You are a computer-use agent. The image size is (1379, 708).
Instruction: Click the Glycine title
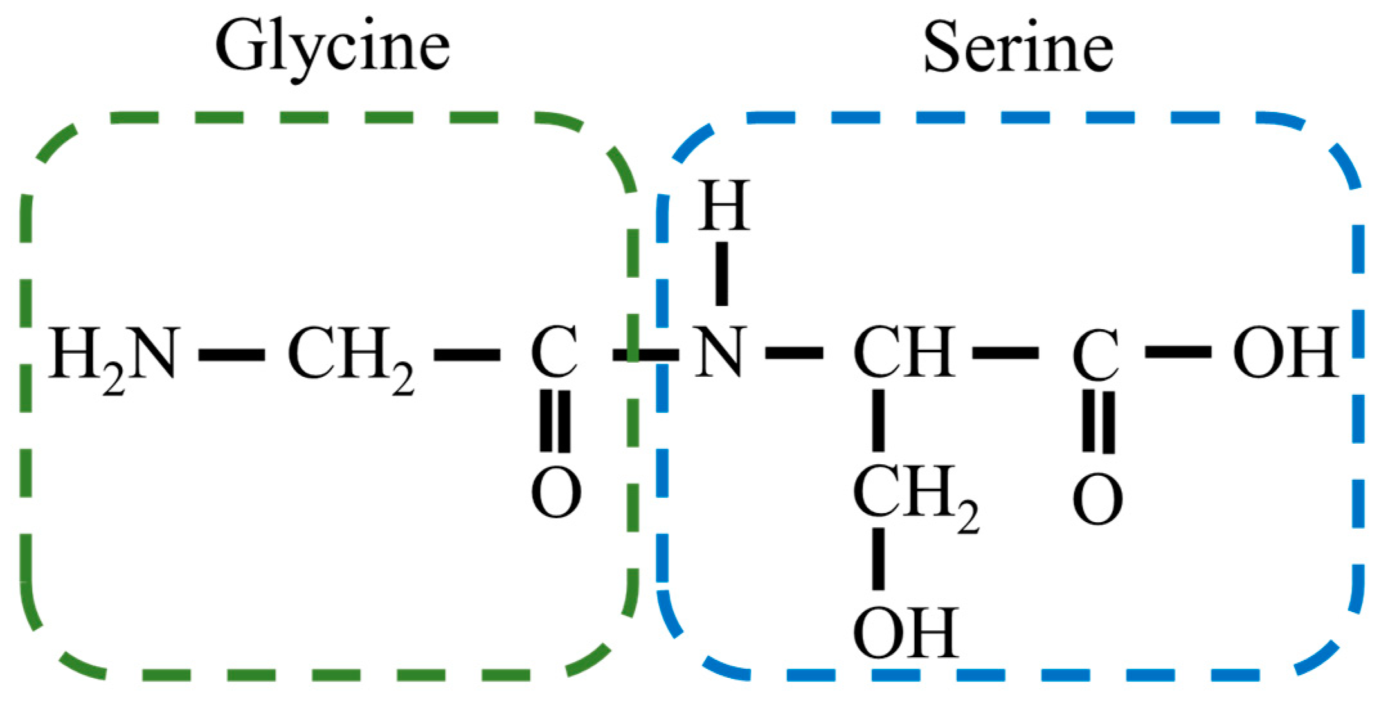coord(332,48)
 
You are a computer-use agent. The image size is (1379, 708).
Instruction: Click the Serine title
coord(1018,48)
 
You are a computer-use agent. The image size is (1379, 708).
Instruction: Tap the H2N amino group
coord(113,354)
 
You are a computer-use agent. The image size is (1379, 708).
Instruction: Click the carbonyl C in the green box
coord(554,353)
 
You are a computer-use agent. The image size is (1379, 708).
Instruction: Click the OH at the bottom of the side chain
coord(906,633)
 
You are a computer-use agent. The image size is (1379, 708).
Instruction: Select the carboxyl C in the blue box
coord(1096,355)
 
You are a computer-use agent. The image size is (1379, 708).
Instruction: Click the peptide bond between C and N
coord(645,354)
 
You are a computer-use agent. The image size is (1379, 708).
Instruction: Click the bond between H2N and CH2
coord(231,354)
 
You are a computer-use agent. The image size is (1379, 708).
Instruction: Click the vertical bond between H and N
coord(722,273)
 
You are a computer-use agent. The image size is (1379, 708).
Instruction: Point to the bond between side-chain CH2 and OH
coord(878,558)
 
